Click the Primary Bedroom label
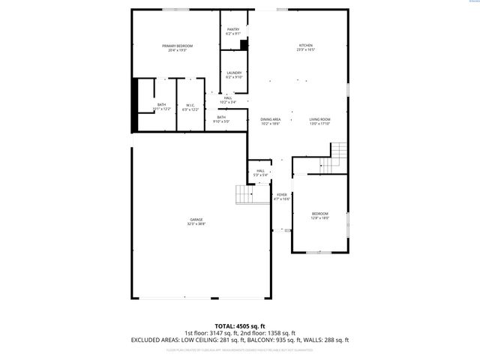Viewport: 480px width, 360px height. (178, 48)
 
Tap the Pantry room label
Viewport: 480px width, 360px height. (233, 31)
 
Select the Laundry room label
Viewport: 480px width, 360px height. (234, 74)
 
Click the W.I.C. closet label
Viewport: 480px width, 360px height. (191, 106)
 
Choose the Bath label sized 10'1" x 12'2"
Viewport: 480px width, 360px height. (162, 106)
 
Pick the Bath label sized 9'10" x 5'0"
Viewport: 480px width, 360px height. (222, 118)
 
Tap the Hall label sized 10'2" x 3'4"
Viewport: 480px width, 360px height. (228, 99)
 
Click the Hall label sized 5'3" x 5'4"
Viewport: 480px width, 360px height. (260, 172)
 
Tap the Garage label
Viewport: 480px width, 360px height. (196, 221)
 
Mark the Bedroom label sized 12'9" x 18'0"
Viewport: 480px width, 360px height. (320, 215)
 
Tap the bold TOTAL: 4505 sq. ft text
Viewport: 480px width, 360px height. (240, 325)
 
